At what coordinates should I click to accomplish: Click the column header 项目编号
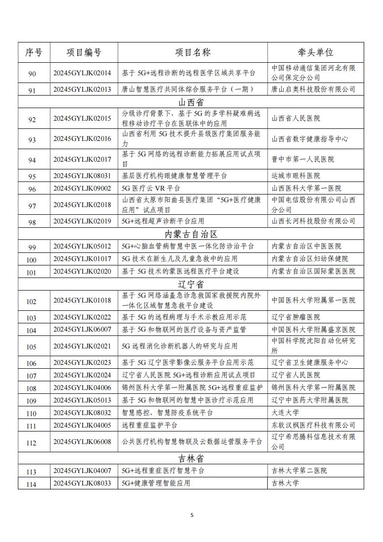[x=84, y=53]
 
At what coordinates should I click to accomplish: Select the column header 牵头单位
[x=315, y=53]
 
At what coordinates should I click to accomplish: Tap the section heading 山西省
[x=191, y=102]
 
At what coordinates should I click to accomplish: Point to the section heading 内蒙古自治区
[x=191, y=234]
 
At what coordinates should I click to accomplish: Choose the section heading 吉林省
[x=191, y=458]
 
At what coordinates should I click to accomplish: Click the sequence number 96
[x=32, y=189]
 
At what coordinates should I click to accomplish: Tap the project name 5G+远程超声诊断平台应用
[x=163, y=221]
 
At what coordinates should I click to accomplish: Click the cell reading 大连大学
[x=285, y=413]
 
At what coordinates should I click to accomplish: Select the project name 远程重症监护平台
[x=150, y=425]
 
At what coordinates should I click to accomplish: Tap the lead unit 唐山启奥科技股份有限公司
[x=313, y=89]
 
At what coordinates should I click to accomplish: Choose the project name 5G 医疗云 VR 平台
[x=150, y=188]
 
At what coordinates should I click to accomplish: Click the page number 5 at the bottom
[x=191, y=515]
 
